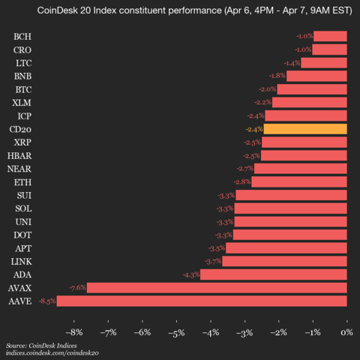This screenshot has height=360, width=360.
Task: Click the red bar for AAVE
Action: click(x=202, y=301)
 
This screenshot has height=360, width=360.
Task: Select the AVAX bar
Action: click(x=217, y=287)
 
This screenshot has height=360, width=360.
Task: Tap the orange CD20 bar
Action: click(x=305, y=129)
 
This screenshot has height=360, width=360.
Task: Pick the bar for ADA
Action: click(x=274, y=274)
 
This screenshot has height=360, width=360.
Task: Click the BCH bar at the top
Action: click(x=330, y=36)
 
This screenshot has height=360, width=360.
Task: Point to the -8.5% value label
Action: click(x=47, y=301)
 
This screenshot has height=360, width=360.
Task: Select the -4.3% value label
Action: click(x=190, y=274)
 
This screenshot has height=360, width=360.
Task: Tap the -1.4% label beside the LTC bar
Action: click(x=292, y=63)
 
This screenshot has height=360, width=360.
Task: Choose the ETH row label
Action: click(x=22, y=182)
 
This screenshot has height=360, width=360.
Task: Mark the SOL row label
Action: click(x=22, y=208)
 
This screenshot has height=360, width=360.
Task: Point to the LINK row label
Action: click(x=21, y=261)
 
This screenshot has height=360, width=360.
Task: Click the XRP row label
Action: click(x=22, y=142)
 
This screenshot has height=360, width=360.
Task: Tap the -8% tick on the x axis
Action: click(x=74, y=331)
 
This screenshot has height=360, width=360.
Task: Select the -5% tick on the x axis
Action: click(x=176, y=331)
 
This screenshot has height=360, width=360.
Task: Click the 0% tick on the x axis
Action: click(x=346, y=331)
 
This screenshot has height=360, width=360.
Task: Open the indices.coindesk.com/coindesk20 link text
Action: click(x=52, y=352)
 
